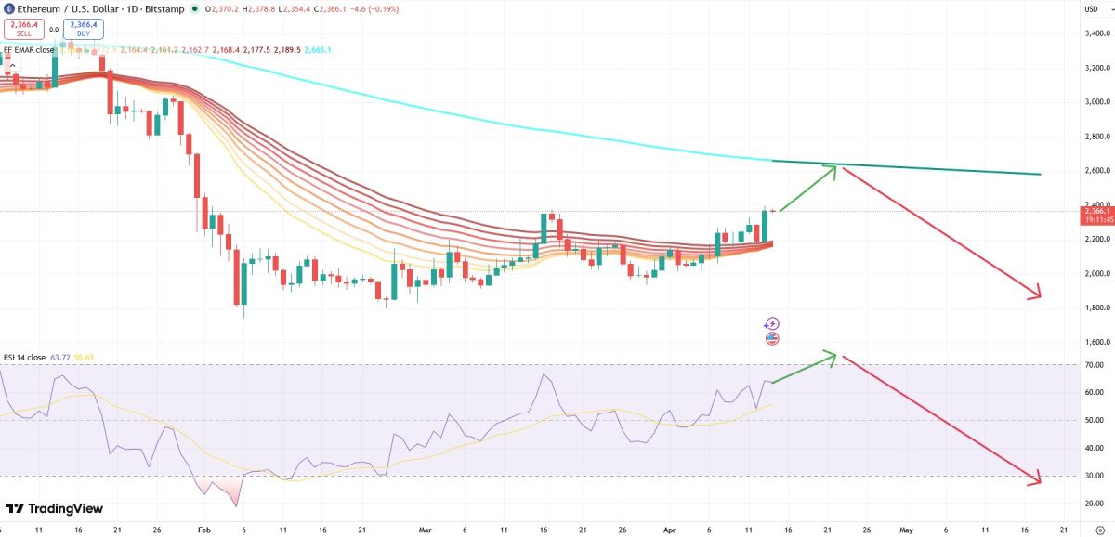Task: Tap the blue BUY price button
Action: [x=84, y=28]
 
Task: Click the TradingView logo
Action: [x=55, y=509]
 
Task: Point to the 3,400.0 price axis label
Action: [x=1097, y=33]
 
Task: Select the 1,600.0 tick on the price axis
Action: [x=1097, y=342]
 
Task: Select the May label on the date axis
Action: [x=906, y=529]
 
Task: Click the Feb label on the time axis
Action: [x=203, y=529]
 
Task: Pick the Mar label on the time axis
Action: [x=426, y=529]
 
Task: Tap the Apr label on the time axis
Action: [x=669, y=529]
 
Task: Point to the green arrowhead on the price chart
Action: [x=833, y=169]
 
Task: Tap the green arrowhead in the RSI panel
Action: [x=833, y=355]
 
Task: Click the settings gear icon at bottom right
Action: [x=1098, y=529]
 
